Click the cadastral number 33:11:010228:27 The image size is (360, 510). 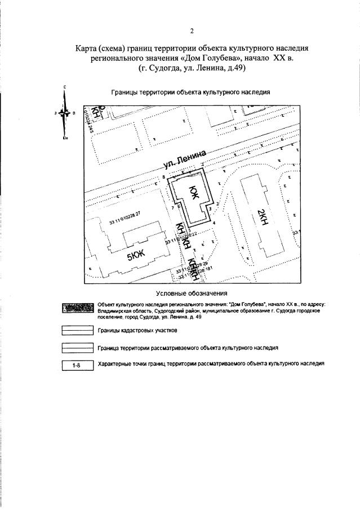(x=124, y=218)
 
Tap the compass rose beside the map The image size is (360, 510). (x=66, y=113)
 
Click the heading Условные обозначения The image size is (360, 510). (x=192, y=293)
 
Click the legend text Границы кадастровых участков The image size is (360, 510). (x=135, y=331)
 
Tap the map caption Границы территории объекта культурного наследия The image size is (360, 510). (x=191, y=91)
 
